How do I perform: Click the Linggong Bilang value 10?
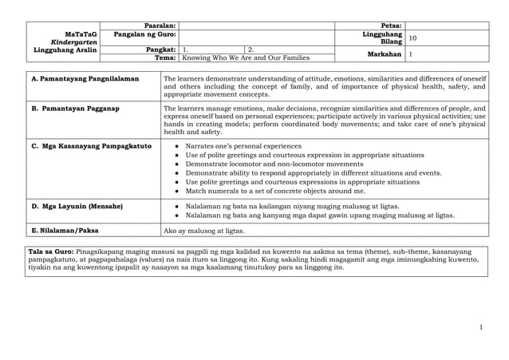[x=412, y=38]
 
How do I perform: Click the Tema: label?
[x=164, y=58]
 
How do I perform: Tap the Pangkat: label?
[x=160, y=49]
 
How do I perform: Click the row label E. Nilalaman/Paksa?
[x=64, y=231]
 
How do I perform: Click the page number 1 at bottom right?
[x=482, y=327]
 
